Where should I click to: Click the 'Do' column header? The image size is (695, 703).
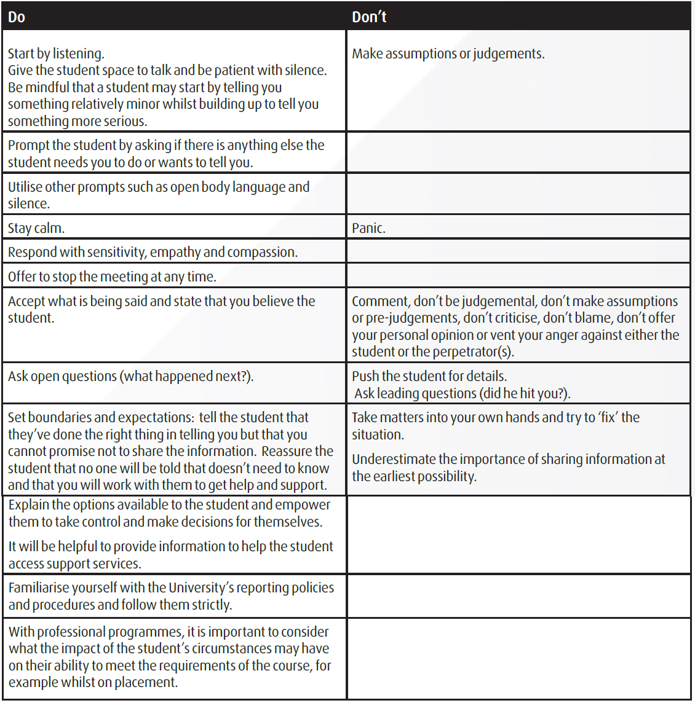[x=17, y=17]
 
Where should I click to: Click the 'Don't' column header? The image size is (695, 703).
[x=369, y=17]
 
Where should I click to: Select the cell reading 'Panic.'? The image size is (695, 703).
[x=368, y=228]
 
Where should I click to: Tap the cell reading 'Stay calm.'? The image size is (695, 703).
[x=36, y=228]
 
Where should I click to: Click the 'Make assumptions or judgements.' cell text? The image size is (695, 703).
[x=448, y=54]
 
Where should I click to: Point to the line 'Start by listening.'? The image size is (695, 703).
[x=56, y=53]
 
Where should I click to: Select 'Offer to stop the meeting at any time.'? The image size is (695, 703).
[x=112, y=277]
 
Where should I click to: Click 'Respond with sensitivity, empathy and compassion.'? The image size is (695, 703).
[x=153, y=252]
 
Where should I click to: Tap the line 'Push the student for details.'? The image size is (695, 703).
[x=429, y=376]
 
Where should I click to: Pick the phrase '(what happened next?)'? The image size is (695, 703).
[x=188, y=376]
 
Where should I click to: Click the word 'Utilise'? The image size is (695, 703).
[x=26, y=187]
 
